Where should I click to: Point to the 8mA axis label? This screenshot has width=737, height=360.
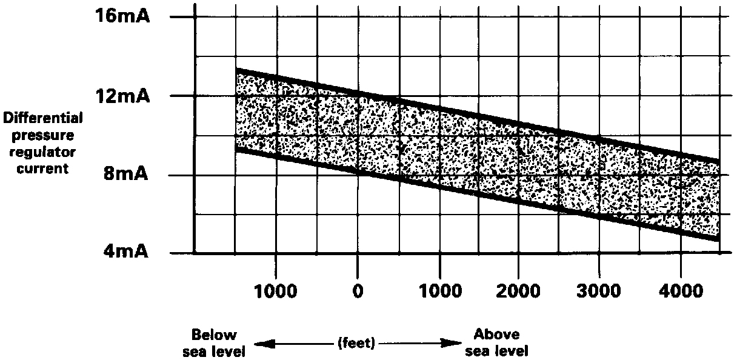[125, 175]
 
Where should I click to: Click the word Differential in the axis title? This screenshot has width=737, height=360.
[42, 118]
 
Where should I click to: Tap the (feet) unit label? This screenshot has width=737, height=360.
[356, 343]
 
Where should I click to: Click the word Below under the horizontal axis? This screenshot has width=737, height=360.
[214, 335]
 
